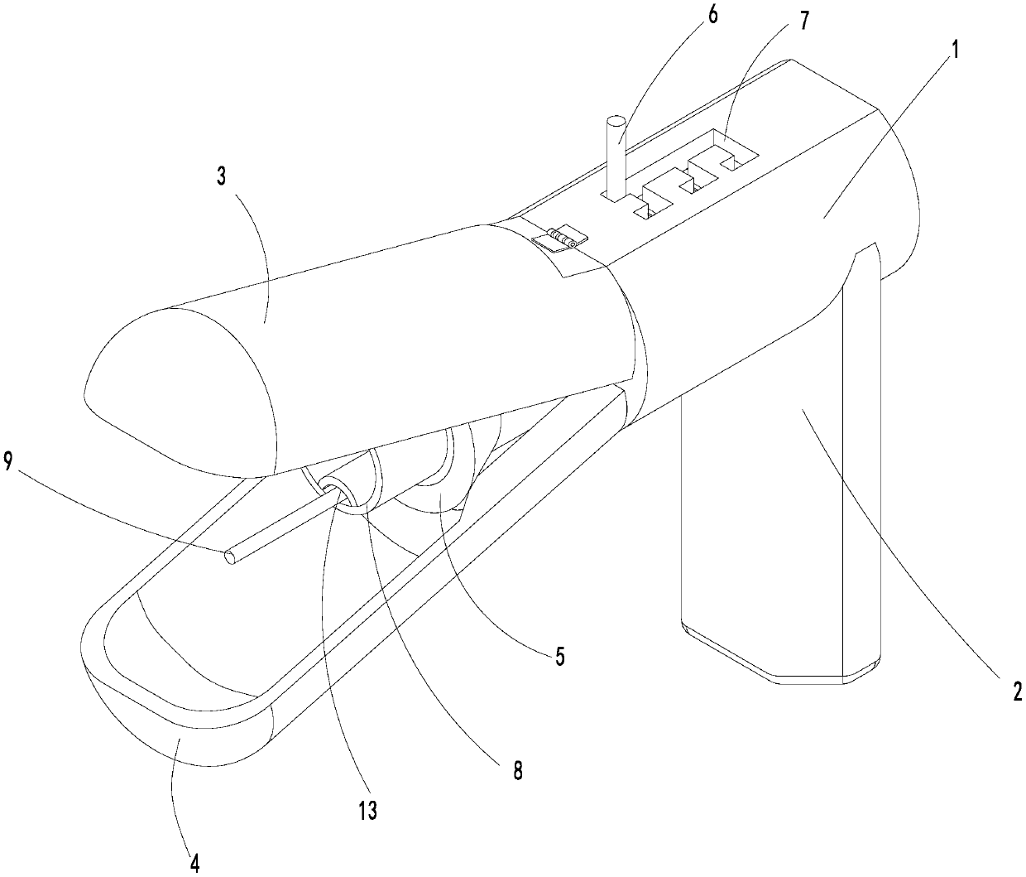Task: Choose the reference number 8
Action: [518, 770]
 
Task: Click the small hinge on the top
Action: [559, 239]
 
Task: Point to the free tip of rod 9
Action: [231, 557]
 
